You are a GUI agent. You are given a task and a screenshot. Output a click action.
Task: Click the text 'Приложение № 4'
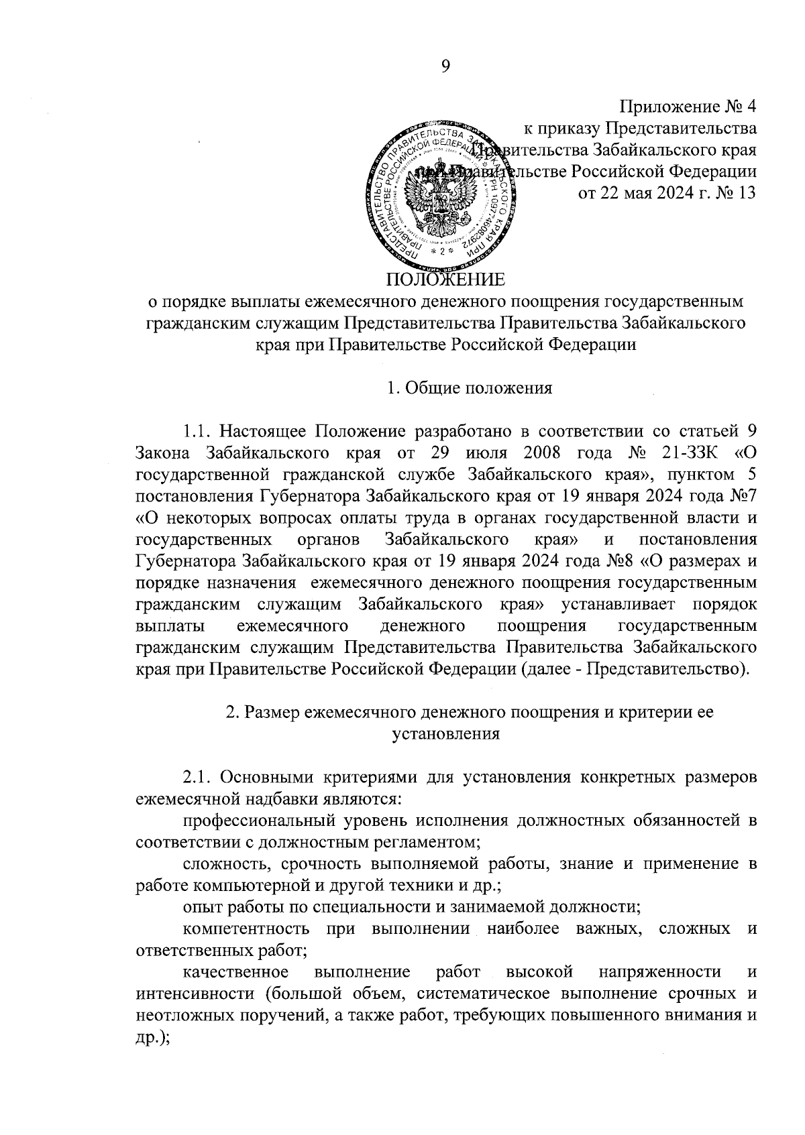pos(688,107)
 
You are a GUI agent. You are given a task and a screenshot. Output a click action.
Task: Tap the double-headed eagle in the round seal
pos(441,194)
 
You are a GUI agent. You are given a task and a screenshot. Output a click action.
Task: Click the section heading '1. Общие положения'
pos(470,388)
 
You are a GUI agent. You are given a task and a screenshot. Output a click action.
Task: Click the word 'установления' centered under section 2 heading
pos(445,733)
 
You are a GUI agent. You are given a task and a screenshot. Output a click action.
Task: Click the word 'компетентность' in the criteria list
pos(246,929)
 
